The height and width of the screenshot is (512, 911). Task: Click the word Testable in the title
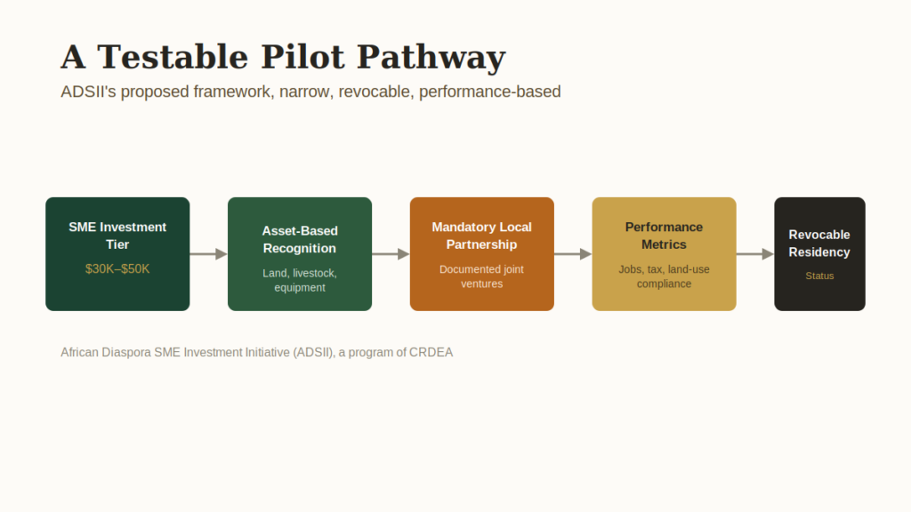click(x=173, y=57)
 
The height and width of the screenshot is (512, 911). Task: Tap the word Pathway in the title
click(x=431, y=57)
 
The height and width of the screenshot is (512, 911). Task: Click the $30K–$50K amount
click(x=117, y=268)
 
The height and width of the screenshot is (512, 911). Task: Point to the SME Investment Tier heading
click(x=117, y=236)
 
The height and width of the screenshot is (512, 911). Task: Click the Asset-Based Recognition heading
click(x=300, y=239)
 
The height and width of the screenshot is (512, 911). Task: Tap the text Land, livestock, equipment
click(x=300, y=280)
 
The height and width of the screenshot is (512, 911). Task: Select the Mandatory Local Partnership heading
click(x=481, y=236)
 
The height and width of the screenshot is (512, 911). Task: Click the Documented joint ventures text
click(x=481, y=276)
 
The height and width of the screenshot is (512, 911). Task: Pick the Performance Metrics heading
click(x=664, y=236)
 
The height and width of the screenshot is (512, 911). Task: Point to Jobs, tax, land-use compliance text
click(x=664, y=276)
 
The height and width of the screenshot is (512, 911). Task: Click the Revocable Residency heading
click(x=819, y=244)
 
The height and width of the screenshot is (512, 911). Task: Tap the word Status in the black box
click(x=819, y=276)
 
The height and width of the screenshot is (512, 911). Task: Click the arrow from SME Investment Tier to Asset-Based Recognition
click(x=208, y=253)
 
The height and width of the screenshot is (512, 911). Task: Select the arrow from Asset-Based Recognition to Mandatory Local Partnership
click(x=391, y=253)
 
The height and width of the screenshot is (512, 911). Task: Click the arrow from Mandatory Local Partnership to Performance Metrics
click(x=573, y=253)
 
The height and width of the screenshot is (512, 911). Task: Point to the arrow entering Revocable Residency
click(x=755, y=253)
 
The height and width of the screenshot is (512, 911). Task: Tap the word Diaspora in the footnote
click(x=126, y=352)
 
